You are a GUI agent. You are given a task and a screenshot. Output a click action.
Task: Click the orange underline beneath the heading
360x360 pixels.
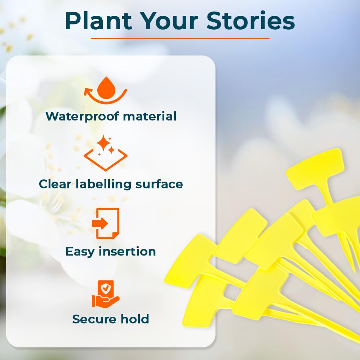pos(180,38)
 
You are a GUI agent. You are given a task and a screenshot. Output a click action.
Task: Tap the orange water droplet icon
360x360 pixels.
pos(106,88)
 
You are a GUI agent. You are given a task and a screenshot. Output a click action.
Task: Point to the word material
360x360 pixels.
pos(150,116)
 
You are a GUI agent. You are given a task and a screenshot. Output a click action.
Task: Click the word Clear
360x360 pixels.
pos(55,184)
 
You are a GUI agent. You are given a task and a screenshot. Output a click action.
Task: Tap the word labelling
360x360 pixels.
pos(103,185)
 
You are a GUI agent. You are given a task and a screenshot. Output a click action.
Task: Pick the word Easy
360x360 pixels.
pos(80,252)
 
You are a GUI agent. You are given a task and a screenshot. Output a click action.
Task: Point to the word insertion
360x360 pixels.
pos(127,252)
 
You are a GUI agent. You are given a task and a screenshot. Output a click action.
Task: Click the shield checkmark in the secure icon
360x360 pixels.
pos(105,288)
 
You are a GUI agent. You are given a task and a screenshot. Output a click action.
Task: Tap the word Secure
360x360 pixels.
pos(94,319)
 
